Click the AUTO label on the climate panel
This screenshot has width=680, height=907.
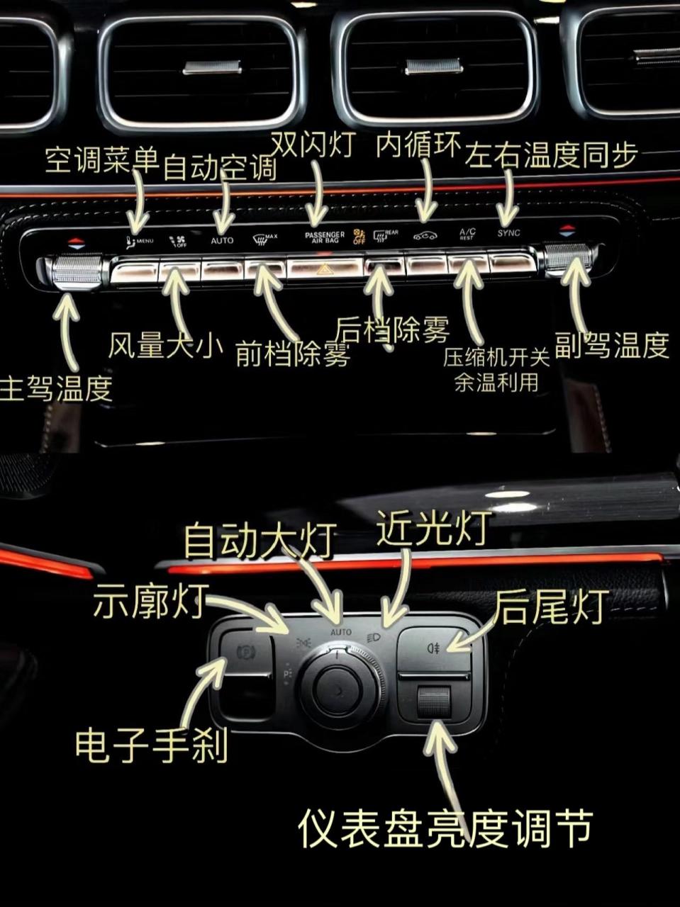222,240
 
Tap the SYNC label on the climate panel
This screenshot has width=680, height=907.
508,233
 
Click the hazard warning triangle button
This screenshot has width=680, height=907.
325,269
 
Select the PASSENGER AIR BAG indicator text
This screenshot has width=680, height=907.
325,237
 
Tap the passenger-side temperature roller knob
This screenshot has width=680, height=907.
568,259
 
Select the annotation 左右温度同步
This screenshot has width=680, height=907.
552,155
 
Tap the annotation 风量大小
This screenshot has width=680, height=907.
165,346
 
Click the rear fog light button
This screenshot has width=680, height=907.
433,648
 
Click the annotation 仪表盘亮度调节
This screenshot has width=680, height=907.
445,828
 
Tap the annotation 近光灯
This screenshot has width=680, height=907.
433,528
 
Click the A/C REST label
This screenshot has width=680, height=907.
467,234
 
